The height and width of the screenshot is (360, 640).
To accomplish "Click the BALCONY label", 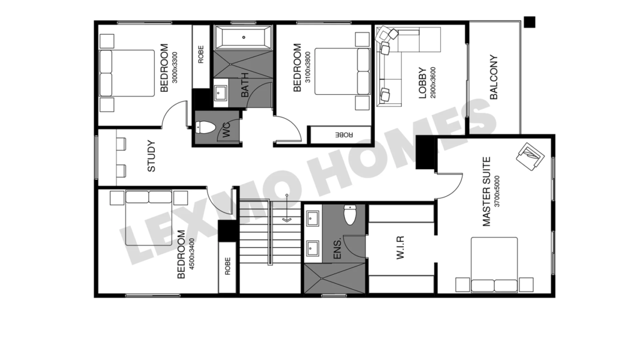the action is (x=494, y=77).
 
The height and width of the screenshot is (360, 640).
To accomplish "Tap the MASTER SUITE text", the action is (x=486, y=191).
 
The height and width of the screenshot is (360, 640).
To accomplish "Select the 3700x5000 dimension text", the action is (x=497, y=191).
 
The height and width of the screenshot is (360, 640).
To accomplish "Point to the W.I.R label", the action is (x=400, y=247).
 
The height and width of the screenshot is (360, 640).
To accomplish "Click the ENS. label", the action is (x=337, y=248).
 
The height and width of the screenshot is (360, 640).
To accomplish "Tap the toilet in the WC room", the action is (x=205, y=128).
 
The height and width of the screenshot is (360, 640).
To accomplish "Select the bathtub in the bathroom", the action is (x=244, y=37).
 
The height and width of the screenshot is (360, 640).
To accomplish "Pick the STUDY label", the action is (x=151, y=156).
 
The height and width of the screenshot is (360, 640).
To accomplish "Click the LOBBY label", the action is (x=422, y=83).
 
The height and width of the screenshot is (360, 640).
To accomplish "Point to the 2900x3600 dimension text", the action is (x=433, y=83).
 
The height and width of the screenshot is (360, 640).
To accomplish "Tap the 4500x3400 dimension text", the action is (x=192, y=254).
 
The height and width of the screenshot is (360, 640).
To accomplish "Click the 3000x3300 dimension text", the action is (x=175, y=67).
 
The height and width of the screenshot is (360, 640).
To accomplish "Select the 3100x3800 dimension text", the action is (x=308, y=67).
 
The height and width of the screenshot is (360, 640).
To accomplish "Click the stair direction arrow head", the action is (x=287, y=220).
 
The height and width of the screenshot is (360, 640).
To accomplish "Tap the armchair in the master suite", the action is (x=530, y=157).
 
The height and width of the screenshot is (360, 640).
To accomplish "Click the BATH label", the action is (x=245, y=85).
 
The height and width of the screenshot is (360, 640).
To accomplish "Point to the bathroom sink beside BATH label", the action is (x=221, y=92).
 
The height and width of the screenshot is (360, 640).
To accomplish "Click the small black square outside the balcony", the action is (x=530, y=22).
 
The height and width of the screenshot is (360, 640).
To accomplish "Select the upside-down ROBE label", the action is (x=344, y=134).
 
